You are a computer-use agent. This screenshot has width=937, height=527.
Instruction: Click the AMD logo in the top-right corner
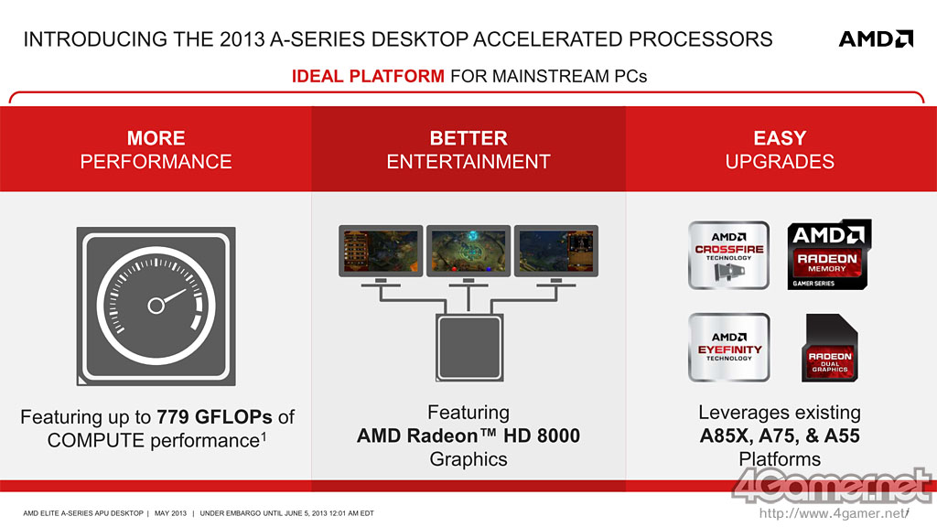pyautogui.click(x=876, y=38)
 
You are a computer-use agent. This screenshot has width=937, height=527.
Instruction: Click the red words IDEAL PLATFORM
pyautogui.click(x=368, y=76)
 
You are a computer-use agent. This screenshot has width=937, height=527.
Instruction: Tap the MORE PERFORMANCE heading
pyautogui.click(x=156, y=149)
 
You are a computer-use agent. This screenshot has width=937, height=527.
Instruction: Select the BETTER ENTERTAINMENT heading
pyautogui.click(x=468, y=149)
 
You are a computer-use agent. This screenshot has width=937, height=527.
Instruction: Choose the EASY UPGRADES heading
pyautogui.click(x=780, y=149)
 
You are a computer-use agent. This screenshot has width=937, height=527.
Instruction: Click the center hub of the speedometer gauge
pyautogui.click(x=156, y=306)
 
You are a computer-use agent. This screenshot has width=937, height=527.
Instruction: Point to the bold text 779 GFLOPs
pyautogui.click(x=214, y=416)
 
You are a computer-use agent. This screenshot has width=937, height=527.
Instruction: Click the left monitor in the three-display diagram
pyautogui.click(x=381, y=251)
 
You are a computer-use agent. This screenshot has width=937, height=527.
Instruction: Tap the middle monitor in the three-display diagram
pyautogui.click(x=468, y=251)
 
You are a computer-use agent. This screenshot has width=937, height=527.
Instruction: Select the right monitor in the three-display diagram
pyautogui.click(x=556, y=251)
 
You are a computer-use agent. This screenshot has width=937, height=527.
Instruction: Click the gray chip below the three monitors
pyautogui.click(x=469, y=348)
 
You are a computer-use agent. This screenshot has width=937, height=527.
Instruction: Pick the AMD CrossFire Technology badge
pyautogui.click(x=728, y=255)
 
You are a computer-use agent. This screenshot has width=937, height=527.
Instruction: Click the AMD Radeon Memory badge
pyautogui.click(x=829, y=255)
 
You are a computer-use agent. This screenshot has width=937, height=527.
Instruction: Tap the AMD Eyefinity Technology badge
pyautogui.click(x=728, y=347)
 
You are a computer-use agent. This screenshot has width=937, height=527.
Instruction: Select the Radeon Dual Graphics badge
pyautogui.click(x=829, y=348)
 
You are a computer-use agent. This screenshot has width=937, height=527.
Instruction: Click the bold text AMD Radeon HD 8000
pyautogui.click(x=468, y=436)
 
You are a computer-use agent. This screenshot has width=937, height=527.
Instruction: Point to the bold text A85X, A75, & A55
pyautogui.click(x=780, y=436)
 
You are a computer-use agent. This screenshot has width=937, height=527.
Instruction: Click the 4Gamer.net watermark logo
pyautogui.click(x=832, y=486)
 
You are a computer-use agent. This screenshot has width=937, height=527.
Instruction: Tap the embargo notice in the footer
pyautogui.click(x=286, y=513)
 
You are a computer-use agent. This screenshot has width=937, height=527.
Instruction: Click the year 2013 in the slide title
pyautogui.click(x=242, y=38)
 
